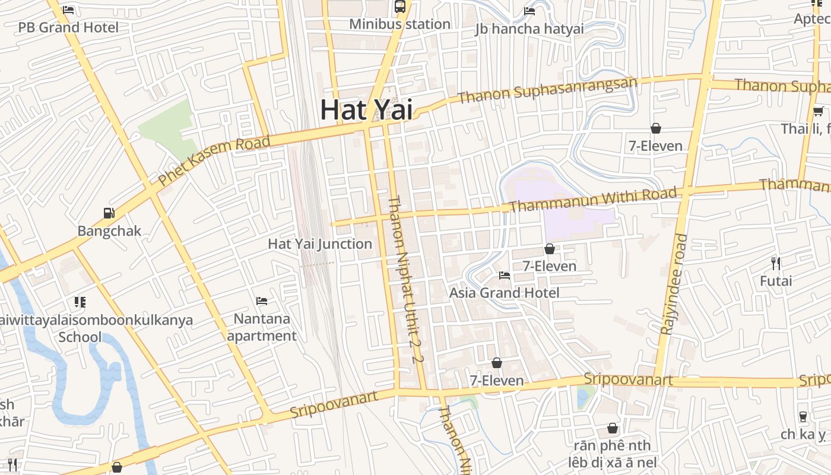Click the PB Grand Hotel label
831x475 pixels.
click(x=68, y=27)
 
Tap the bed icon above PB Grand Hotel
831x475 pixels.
click(x=68, y=10)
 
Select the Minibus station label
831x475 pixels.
click(x=399, y=24)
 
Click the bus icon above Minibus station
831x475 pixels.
click(x=400, y=7)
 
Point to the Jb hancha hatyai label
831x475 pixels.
click(x=529, y=28)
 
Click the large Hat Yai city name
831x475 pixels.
click(x=366, y=110)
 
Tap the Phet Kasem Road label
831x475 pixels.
click(x=214, y=160)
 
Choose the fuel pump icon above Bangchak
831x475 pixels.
click(x=109, y=213)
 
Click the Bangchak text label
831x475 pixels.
click(x=109, y=231)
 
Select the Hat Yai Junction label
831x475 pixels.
click(x=320, y=244)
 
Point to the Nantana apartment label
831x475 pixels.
click(x=262, y=327)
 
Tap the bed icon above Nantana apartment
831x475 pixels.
click(x=262, y=301)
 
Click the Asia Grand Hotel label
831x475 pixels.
click(x=504, y=293)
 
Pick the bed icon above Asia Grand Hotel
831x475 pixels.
click(x=505, y=275)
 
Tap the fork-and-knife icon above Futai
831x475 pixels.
click(x=776, y=263)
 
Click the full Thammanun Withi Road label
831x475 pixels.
click(x=593, y=199)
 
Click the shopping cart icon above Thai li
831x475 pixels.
click(x=818, y=111)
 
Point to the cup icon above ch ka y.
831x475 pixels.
click(x=803, y=417)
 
